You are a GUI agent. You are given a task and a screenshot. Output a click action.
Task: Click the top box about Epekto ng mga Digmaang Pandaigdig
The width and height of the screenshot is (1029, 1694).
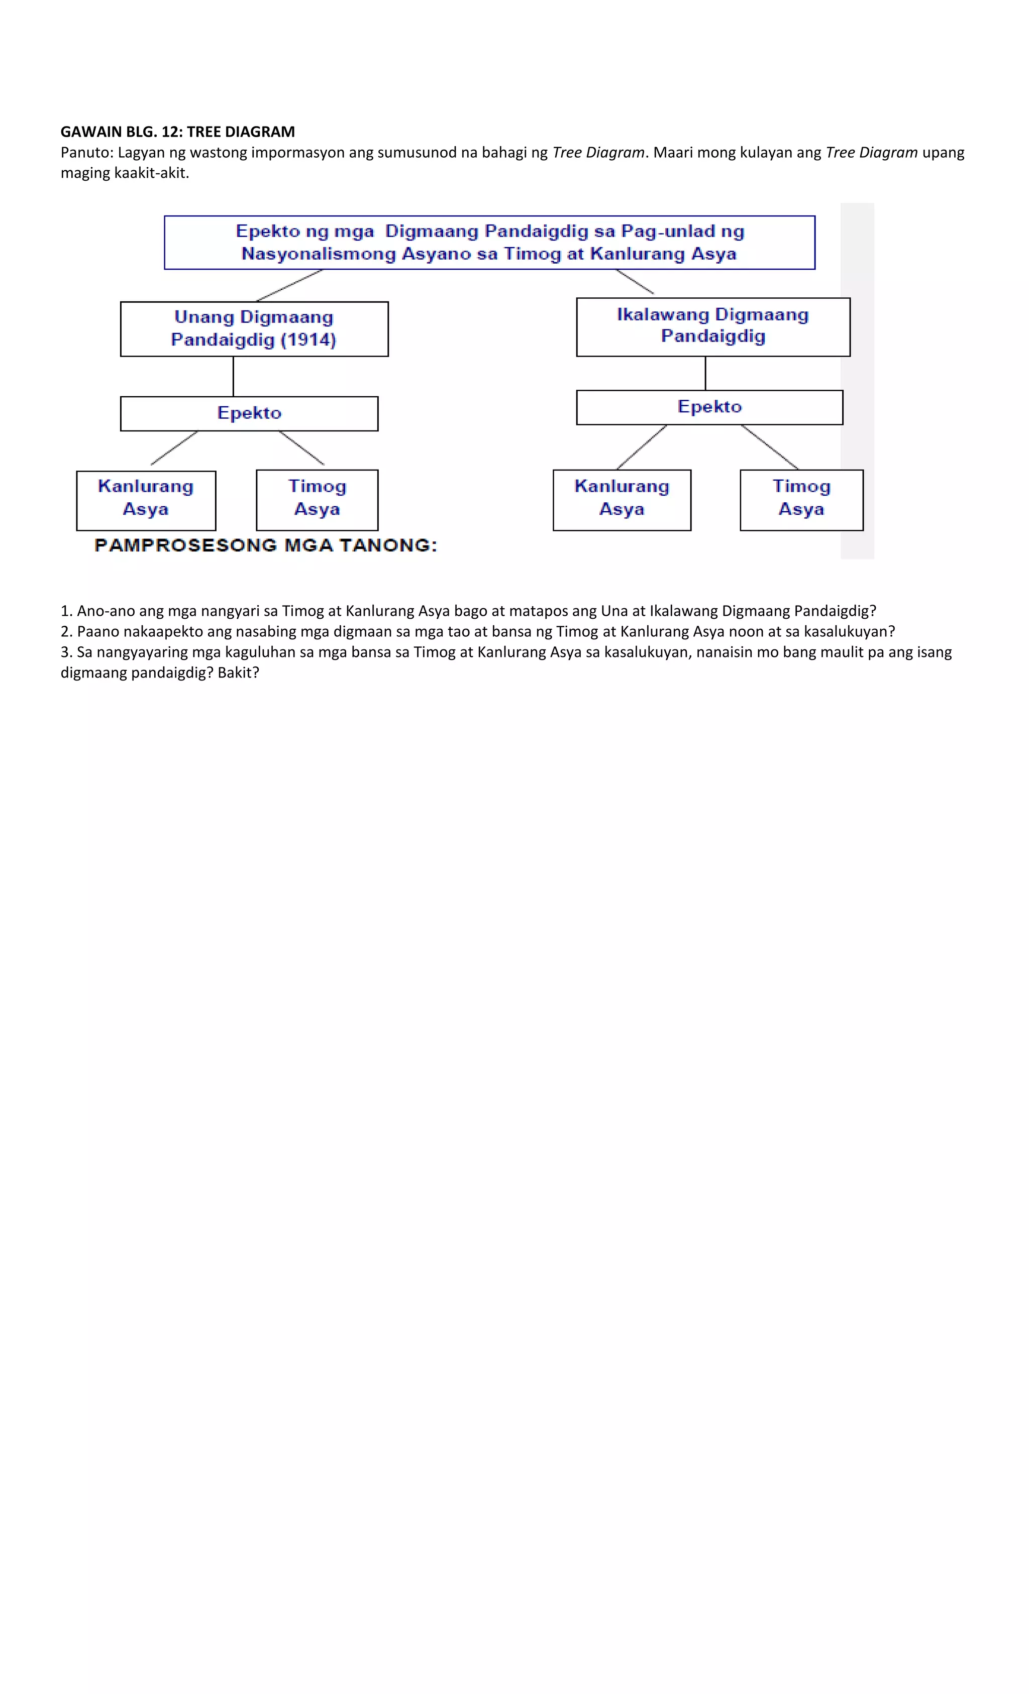[x=489, y=242]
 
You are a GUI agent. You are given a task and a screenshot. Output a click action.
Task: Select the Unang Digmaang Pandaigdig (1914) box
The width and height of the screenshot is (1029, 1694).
[x=254, y=328]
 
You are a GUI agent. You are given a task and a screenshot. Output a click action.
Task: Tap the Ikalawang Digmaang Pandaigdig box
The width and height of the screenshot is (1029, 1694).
[x=712, y=326]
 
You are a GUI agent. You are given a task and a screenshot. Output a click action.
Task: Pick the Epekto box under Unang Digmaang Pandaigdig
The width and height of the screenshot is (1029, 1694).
[x=249, y=413]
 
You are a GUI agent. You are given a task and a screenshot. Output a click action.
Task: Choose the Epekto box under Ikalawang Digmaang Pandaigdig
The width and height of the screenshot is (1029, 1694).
[x=709, y=407]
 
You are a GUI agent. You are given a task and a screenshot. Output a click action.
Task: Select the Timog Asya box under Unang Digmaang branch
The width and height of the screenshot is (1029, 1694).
[x=317, y=500]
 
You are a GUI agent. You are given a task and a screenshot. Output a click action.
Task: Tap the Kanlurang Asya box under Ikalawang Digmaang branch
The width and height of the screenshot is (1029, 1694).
[x=622, y=500]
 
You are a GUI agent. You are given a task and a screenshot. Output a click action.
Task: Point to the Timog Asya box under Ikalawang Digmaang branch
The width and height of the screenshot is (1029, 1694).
[x=801, y=500]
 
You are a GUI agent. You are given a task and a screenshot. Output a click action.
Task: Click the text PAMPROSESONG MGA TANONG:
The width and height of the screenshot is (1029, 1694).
[x=265, y=545]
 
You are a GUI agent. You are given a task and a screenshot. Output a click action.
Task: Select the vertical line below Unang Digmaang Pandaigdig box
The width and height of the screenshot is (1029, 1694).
[x=233, y=376]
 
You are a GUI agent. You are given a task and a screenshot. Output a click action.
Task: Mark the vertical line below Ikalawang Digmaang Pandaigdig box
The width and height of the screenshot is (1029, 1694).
[x=705, y=373]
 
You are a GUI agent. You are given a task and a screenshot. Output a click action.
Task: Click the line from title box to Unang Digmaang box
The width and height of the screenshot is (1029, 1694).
[x=289, y=285]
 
